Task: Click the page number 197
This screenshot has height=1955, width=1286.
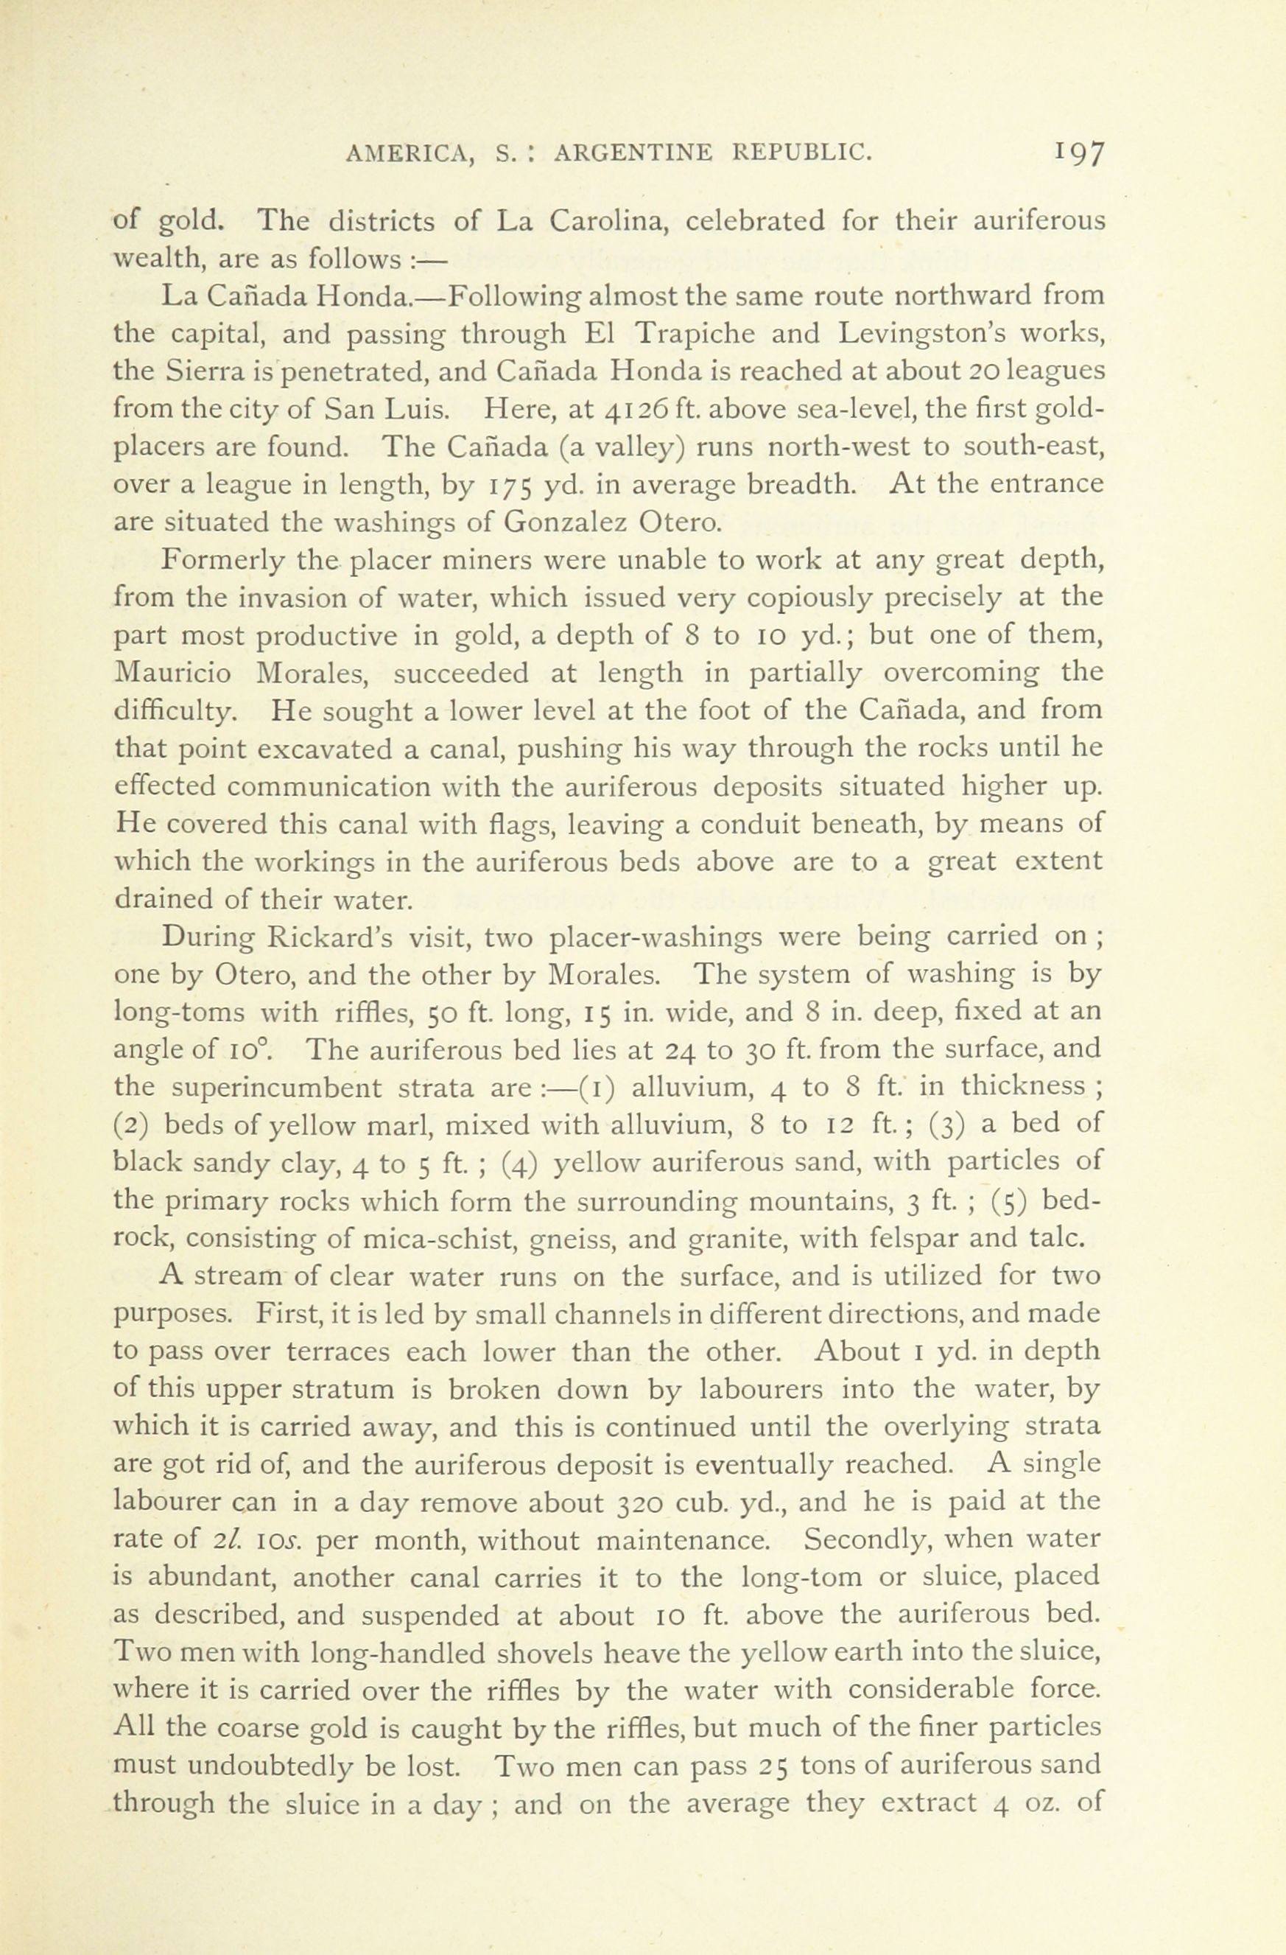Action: tap(1079, 153)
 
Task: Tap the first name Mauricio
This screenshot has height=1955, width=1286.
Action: tap(172, 673)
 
